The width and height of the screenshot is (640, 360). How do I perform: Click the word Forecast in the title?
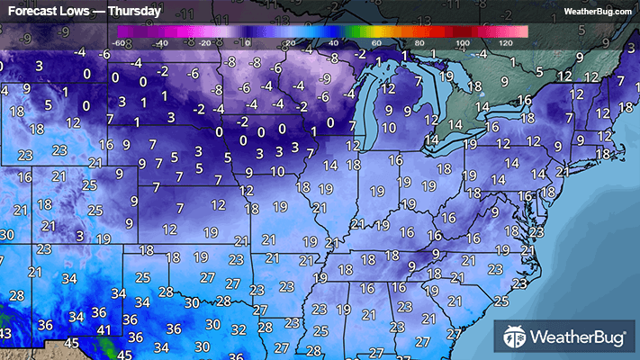click(32, 12)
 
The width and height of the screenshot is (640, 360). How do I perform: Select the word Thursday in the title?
click(134, 12)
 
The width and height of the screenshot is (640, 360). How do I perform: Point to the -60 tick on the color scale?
click(119, 42)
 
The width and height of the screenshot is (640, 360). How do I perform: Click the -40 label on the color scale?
click(162, 42)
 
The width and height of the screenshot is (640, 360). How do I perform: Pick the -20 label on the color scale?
click(205, 42)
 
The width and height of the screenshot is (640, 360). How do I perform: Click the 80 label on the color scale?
click(420, 42)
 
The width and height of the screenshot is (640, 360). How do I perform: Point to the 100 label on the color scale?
click(463, 42)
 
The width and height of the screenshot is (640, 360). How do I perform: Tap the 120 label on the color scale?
click(506, 42)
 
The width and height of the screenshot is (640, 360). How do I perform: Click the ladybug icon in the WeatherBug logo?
click(515, 338)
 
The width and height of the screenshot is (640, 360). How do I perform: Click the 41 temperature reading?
click(104, 330)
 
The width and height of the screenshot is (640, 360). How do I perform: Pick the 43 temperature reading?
click(5, 334)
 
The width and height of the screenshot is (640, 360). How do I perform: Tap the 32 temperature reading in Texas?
click(239, 329)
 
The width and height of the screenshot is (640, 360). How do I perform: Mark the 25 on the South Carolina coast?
click(500, 301)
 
